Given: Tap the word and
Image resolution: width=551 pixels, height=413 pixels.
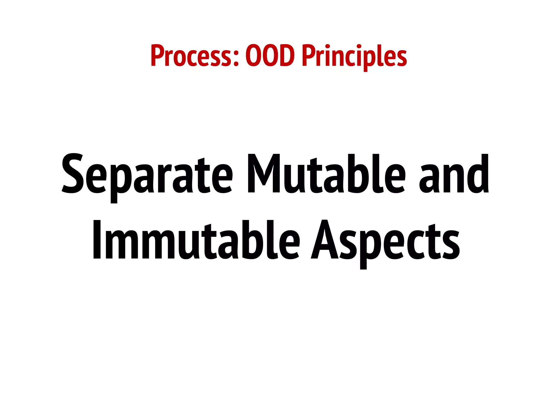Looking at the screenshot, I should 454,174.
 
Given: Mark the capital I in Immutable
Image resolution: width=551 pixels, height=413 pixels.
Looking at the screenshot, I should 97,239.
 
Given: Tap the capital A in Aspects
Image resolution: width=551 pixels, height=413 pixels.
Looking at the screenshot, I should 324,239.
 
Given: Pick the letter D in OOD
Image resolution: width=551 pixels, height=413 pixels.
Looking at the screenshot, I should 286,56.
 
